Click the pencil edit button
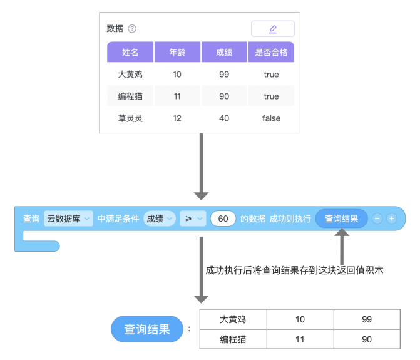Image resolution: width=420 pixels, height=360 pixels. click(273, 29)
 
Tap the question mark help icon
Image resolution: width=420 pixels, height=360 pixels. click(132, 28)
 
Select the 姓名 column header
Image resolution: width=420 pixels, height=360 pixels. click(130, 52)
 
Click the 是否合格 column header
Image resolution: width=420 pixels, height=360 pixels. click(271, 52)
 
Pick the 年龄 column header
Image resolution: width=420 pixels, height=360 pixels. click(177, 52)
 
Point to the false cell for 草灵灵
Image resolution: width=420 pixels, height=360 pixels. click(271, 118)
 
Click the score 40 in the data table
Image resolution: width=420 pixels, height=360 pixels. click(224, 118)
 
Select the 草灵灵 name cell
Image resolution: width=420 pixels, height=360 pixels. click(130, 118)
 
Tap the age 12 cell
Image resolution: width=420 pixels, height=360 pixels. click(177, 118)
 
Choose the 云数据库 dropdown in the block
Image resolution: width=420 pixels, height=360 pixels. click(68, 219)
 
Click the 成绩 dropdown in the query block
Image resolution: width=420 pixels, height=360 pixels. click(160, 219)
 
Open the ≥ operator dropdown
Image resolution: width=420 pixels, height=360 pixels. click(193, 219)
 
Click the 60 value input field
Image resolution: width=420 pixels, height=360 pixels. click(223, 219)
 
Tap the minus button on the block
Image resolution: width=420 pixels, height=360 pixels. click(377, 219)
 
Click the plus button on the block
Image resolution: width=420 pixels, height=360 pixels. click(392, 219)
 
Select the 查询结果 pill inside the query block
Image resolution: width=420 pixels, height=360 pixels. click(342, 219)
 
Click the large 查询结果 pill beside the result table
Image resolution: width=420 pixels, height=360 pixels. click(147, 329)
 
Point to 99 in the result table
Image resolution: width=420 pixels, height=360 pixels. click(367, 319)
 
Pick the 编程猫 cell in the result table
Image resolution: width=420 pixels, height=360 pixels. click(233, 339)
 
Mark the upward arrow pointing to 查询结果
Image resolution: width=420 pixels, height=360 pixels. click(342, 247)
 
